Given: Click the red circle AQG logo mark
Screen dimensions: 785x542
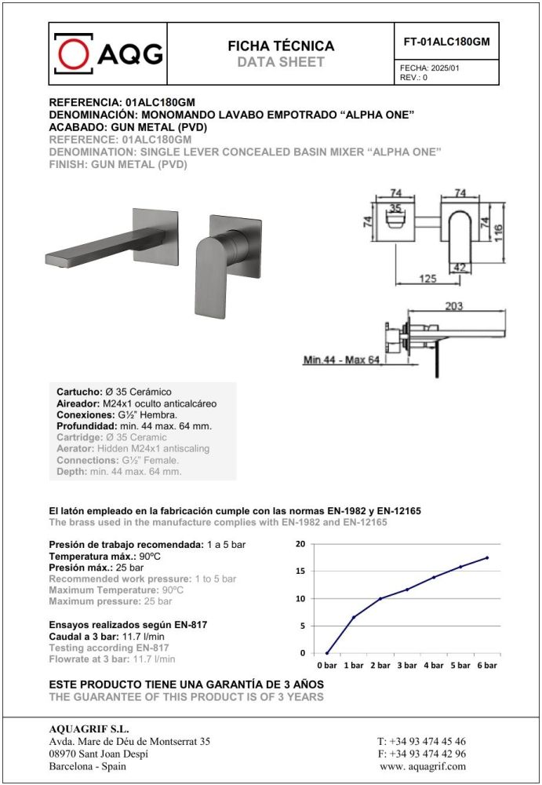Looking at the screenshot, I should point(75,53).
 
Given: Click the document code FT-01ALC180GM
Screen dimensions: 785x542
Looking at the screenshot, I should point(446,42).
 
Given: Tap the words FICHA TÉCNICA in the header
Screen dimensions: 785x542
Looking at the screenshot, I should point(281,46).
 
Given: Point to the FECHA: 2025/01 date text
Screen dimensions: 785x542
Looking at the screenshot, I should point(430,68).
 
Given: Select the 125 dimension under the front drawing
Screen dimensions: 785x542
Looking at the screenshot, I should point(427,278).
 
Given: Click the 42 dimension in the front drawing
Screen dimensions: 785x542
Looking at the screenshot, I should point(460,268).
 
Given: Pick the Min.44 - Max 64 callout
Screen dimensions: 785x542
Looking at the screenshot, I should point(341,360).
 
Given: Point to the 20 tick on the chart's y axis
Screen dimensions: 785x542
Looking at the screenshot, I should point(301,544).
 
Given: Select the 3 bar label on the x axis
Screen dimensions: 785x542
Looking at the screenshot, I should point(407,665).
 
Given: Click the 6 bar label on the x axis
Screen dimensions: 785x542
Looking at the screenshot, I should point(487,665).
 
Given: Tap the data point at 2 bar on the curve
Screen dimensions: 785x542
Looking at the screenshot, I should point(380,599).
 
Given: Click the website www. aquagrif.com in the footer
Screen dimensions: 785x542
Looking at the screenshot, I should point(422,766).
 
